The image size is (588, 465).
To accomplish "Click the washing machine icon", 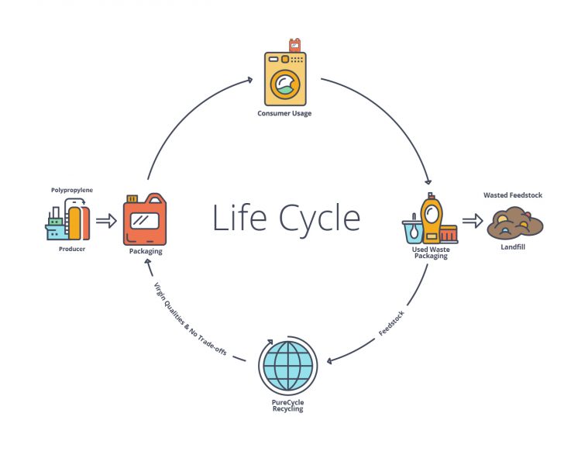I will coord(285,79).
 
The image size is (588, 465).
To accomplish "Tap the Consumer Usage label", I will coord(284,114).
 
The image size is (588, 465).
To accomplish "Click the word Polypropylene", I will coord(72,188).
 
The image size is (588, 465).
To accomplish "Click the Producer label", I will coord(72,250).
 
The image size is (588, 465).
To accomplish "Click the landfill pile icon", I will coord(514,224).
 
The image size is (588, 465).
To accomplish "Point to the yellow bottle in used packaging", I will coord(431,219).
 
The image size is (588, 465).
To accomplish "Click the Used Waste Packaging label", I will coord(432,253).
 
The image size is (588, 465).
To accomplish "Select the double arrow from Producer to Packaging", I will coord(106,221).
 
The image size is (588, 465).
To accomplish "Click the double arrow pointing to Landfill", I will coord(472,222).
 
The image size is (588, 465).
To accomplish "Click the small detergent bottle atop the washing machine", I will coord(294,45).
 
